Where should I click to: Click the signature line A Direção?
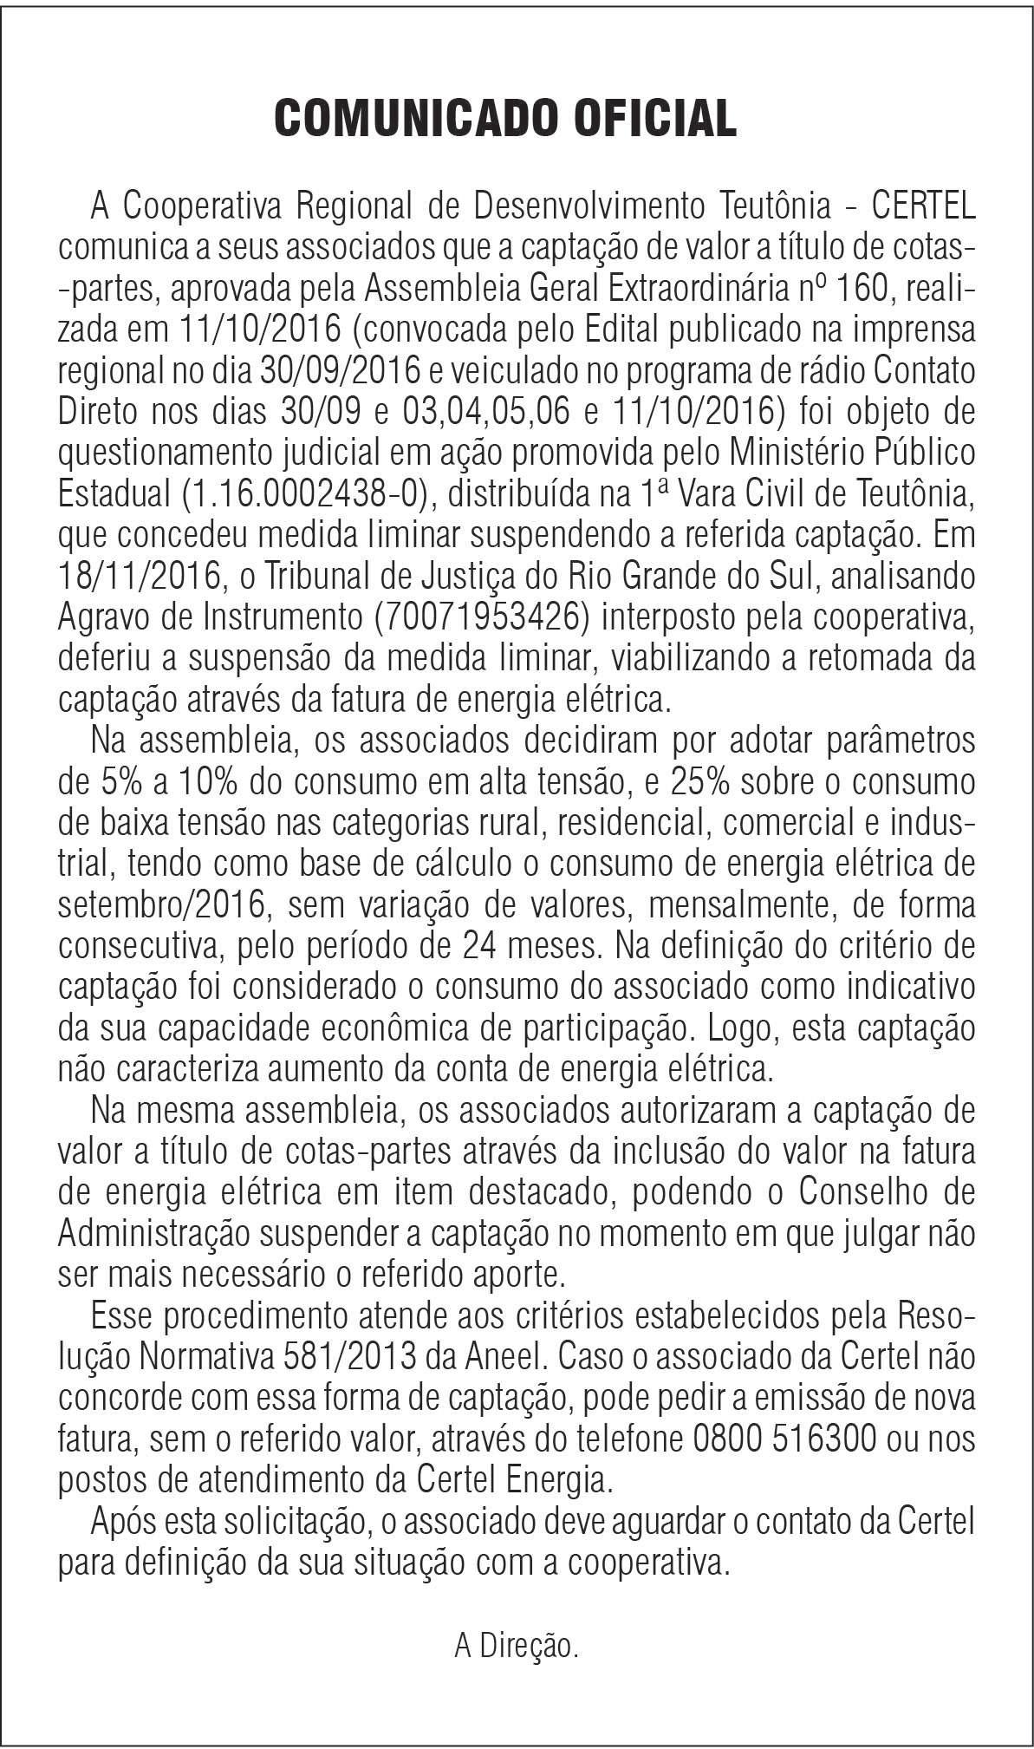click(517, 1645)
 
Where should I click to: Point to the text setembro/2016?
click(161, 905)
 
